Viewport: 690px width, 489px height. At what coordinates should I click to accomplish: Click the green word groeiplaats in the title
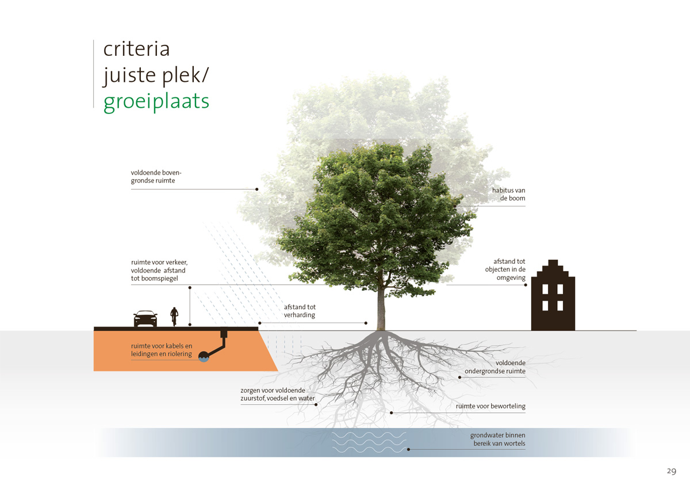coord(156,102)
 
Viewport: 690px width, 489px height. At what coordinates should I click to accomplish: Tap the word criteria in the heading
coord(136,49)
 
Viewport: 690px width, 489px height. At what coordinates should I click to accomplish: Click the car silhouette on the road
coord(145,319)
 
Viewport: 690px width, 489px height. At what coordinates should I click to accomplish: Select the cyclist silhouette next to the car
coord(174,316)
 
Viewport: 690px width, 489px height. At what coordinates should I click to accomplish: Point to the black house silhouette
coord(553,295)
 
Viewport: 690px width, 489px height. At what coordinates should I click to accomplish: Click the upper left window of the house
coord(545,289)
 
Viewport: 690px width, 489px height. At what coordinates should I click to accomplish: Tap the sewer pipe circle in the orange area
coord(204,357)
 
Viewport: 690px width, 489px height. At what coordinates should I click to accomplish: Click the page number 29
coord(672,471)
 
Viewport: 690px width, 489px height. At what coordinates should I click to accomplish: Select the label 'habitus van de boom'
coord(508,194)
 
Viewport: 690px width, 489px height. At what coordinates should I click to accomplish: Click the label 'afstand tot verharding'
coord(300,310)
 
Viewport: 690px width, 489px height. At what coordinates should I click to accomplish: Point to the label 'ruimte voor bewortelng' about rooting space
coord(490,406)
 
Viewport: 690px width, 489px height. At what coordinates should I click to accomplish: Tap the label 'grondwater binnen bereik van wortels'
coord(497,439)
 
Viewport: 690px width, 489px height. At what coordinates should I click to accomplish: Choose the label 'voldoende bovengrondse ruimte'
coord(156,176)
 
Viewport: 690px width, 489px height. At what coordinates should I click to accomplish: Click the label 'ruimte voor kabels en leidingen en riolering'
coord(162,350)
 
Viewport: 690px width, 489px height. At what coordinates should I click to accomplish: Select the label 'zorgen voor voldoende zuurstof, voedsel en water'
coord(277,395)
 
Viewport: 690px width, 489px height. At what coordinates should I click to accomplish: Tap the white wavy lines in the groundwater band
coord(369,442)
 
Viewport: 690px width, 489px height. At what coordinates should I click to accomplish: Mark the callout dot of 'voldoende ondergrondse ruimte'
coord(459,377)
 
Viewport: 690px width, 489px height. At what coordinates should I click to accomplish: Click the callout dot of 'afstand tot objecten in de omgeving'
coord(526,285)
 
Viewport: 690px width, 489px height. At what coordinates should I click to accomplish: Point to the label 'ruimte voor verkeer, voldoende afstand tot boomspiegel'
coord(159,270)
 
